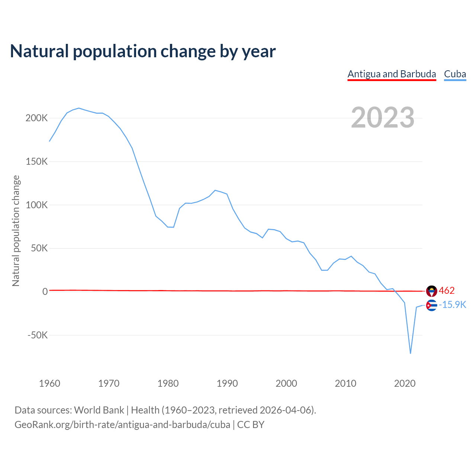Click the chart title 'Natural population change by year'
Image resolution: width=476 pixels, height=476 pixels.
(143, 51)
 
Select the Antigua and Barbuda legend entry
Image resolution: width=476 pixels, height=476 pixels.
(392, 74)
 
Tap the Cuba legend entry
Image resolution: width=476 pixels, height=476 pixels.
(455, 74)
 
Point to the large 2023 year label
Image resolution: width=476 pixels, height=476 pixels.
(382, 118)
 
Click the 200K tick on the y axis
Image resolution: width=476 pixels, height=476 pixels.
(37, 118)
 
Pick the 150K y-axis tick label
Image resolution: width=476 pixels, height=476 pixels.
(37, 162)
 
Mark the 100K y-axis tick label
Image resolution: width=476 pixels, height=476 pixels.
(37, 205)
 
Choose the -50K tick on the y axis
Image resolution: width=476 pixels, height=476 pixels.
(38, 335)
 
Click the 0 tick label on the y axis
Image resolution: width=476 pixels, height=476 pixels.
(45, 292)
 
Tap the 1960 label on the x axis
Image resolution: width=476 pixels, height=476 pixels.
(49, 383)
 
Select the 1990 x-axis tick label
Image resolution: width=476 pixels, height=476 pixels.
(227, 383)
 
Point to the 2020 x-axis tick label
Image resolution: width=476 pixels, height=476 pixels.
(405, 383)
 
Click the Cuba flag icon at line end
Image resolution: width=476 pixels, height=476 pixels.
(431, 305)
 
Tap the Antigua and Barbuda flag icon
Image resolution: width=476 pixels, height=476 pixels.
(431, 291)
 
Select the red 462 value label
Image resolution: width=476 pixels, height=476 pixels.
(447, 290)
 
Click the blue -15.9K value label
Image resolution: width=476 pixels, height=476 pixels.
(453, 305)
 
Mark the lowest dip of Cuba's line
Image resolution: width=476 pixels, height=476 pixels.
(411, 353)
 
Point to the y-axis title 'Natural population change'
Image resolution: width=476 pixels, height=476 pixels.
(16, 231)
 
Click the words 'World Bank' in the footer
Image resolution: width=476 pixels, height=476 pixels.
(99, 410)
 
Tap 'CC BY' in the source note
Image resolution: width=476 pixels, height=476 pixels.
(251, 425)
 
